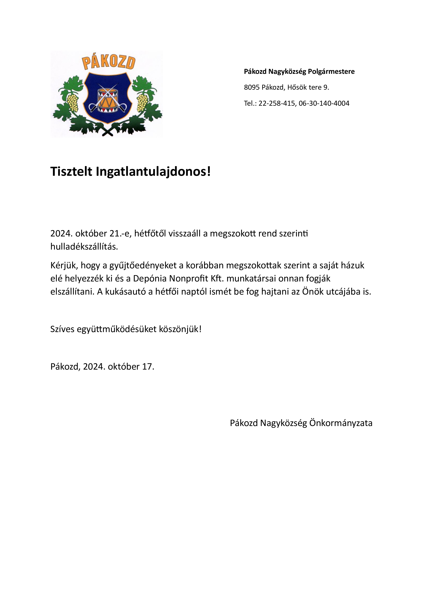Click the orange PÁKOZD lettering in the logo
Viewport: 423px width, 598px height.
click(109, 63)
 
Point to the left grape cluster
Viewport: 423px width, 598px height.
click(73, 102)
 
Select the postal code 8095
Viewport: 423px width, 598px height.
click(252, 87)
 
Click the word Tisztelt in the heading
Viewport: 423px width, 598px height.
click(71, 172)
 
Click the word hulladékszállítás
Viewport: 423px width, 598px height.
click(84, 246)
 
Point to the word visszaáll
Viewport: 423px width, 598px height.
click(185, 234)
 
